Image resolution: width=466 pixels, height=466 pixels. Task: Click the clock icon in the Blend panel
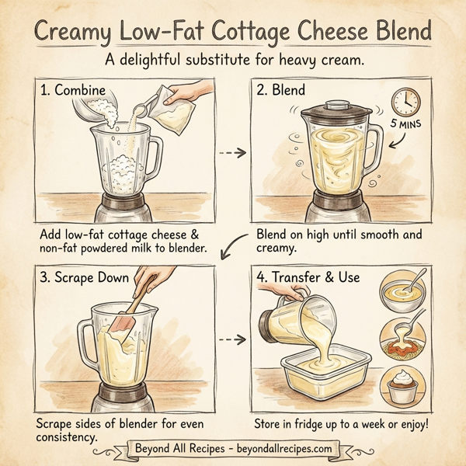click(405, 100)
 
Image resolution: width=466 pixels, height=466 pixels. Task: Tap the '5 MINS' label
click(405, 125)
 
